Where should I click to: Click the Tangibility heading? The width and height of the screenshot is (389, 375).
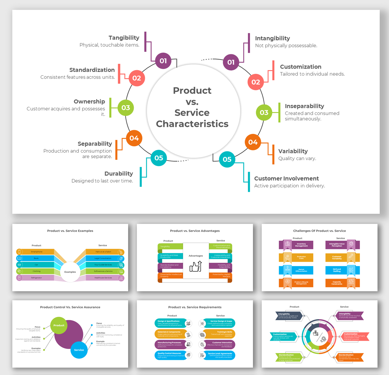(x=124, y=38)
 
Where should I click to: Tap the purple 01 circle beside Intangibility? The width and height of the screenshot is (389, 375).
(x=231, y=62)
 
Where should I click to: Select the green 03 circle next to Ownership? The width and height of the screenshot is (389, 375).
(x=126, y=108)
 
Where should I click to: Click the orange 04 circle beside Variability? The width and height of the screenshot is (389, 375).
(x=253, y=142)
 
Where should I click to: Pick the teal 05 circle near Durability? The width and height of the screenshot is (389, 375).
(x=159, y=158)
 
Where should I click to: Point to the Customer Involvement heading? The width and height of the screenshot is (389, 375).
(x=286, y=178)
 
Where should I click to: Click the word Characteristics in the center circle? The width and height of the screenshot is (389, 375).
(x=192, y=124)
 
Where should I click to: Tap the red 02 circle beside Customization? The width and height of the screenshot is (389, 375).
(x=255, y=82)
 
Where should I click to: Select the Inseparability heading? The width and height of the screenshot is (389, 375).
(x=304, y=106)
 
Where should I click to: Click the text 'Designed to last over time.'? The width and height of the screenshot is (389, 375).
(x=102, y=181)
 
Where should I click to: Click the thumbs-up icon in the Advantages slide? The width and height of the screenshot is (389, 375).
(x=195, y=266)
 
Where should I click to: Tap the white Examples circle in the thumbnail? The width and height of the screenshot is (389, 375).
(x=70, y=272)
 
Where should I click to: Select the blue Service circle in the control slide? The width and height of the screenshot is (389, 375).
(x=79, y=350)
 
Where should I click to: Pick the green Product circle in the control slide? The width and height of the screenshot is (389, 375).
(x=59, y=325)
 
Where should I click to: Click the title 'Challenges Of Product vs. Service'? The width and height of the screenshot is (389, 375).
(x=319, y=231)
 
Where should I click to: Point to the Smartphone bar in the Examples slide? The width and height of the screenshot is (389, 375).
(x=37, y=252)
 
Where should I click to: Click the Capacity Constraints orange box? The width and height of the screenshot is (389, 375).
(x=336, y=283)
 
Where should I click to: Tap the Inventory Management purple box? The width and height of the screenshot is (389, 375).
(x=301, y=245)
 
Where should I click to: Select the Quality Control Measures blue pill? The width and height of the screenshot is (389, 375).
(x=169, y=355)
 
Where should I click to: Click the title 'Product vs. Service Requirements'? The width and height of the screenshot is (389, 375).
(x=195, y=307)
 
